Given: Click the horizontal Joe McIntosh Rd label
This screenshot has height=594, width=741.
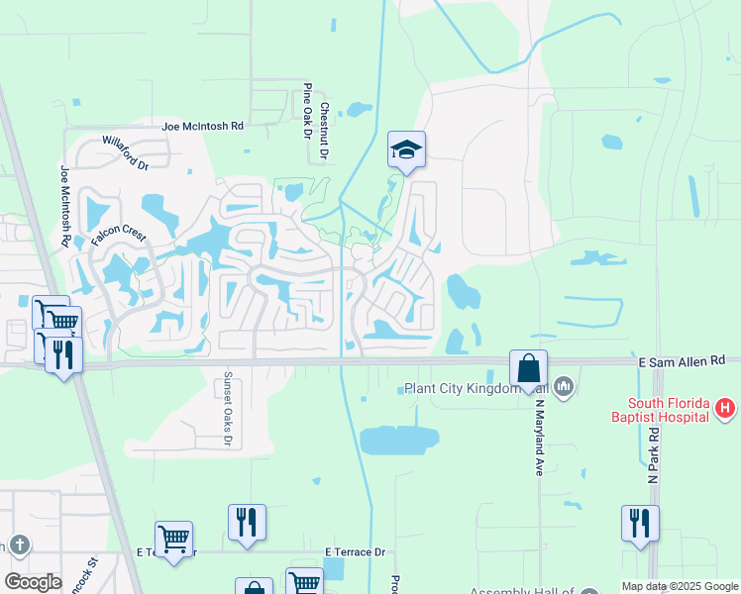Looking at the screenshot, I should tap(203, 127).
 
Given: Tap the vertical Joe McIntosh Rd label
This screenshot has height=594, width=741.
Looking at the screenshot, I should tap(65, 206).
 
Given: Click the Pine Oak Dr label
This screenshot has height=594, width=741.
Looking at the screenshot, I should tap(308, 110).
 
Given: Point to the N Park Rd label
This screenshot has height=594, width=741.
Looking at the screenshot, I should tap(654, 457).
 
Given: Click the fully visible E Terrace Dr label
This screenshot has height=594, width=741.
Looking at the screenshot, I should tap(354, 552).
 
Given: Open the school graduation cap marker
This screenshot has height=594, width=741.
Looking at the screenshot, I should tap(406, 151).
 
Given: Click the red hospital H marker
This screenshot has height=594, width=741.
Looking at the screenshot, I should tap(726, 407).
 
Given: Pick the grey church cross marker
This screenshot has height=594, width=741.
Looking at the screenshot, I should tap(19, 544).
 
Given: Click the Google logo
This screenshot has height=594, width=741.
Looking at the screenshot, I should tap(32, 582).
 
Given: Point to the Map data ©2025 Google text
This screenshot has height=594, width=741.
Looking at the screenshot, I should tap(680, 586).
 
